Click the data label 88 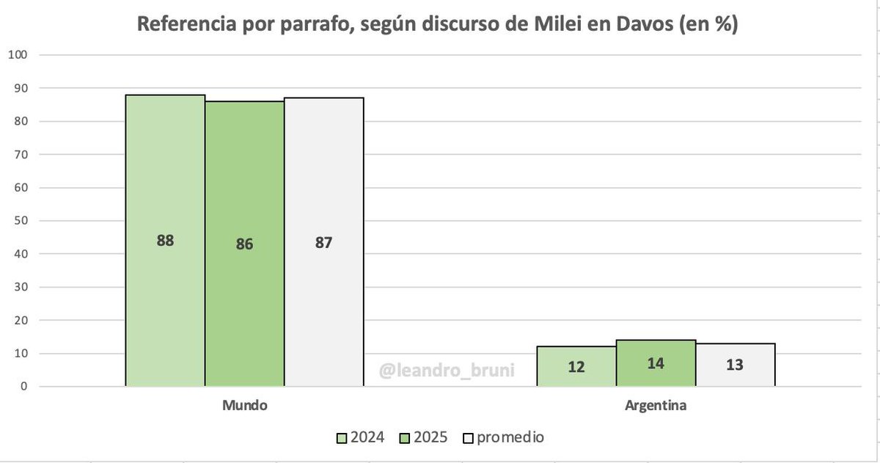coord(165,240)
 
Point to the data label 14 coord(656,362)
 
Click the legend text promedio coord(510,437)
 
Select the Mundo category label coord(244,405)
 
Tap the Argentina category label coord(656,405)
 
